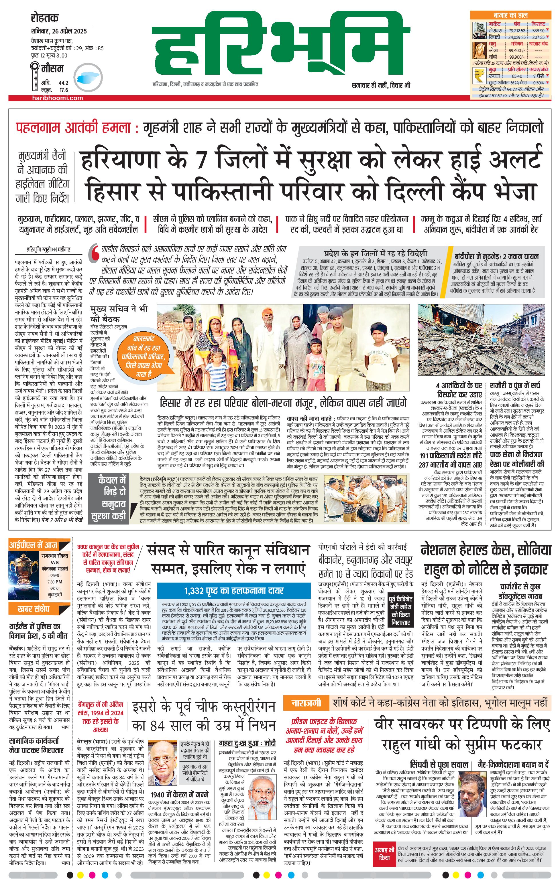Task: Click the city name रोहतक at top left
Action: coord(45,18)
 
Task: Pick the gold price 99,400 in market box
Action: coord(515,50)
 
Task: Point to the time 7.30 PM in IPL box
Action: coord(54,582)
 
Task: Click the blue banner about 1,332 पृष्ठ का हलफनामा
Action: coord(234,591)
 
